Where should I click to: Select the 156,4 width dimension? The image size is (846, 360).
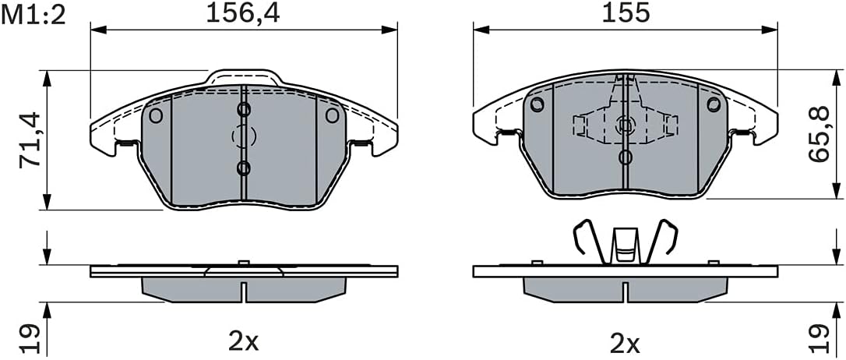coord(241,13)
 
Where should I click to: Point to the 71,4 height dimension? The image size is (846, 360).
coord(30,140)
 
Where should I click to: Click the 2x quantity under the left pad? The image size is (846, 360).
coord(242,341)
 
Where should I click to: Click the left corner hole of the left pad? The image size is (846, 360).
coord(155,116)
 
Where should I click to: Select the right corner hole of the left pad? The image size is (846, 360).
coord(332,116)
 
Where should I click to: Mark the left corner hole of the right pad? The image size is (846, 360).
coord(536,104)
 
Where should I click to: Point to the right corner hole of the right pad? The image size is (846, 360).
coord(714,104)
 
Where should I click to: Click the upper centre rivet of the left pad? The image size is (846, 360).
coord(244,110)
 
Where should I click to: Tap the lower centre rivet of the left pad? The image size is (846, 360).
coord(244,168)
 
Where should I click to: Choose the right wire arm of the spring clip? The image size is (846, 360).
coord(668,240)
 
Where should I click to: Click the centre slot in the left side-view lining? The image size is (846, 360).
coord(243,291)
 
